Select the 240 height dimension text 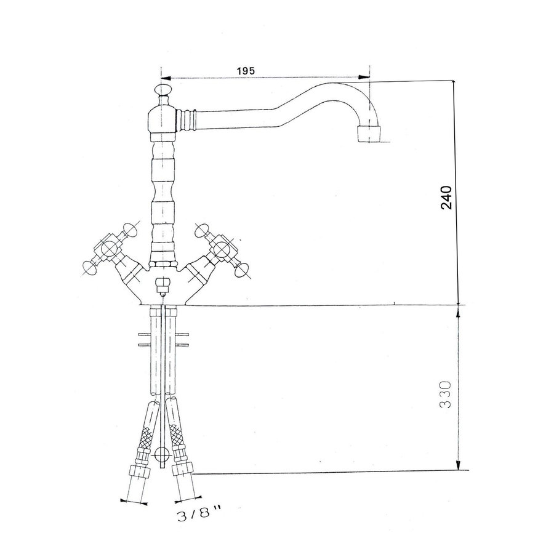447,197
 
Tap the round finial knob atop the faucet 163,94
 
